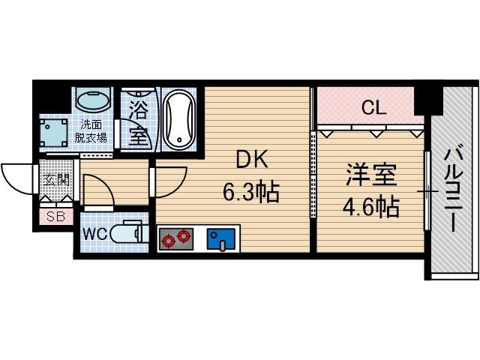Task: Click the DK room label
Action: click(251, 160)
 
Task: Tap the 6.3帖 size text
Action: click(250, 193)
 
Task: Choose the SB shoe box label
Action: click(55, 217)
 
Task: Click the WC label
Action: click(94, 233)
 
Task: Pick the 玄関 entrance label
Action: click(55, 180)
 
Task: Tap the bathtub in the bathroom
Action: click(179, 119)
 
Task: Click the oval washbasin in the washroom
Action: click(94, 102)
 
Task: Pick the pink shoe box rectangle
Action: click(55, 217)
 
